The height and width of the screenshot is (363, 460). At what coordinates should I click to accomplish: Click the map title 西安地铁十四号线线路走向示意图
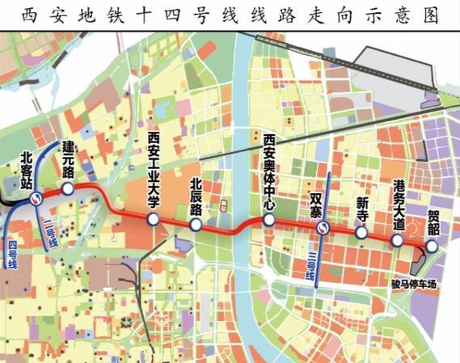(230, 15)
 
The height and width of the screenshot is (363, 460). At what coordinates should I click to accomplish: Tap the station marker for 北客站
(36, 198)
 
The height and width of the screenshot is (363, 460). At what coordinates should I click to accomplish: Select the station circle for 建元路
(68, 188)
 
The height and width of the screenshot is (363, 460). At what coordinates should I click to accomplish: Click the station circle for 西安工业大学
(152, 220)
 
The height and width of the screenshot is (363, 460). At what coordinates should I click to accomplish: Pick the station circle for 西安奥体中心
(269, 219)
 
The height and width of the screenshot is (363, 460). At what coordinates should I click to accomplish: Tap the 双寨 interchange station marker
(322, 228)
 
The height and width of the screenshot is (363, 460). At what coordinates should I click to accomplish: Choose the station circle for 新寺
(361, 232)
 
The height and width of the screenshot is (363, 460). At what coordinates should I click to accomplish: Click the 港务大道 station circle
(397, 240)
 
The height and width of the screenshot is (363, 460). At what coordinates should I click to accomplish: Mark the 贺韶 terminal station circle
(433, 247)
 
